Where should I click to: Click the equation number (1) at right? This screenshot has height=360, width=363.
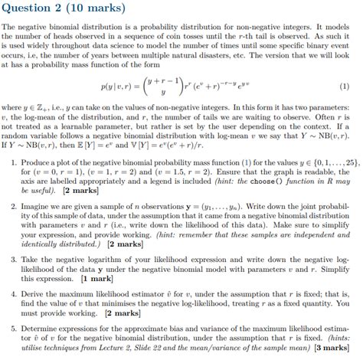(x=347, y=87)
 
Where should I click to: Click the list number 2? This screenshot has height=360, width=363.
(x=15, y=207)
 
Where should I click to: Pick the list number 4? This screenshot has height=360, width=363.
(x=15, y=293)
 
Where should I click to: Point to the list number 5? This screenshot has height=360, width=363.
(x=15, y=327)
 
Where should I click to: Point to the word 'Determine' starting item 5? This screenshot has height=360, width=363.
(x=43, y=327)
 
